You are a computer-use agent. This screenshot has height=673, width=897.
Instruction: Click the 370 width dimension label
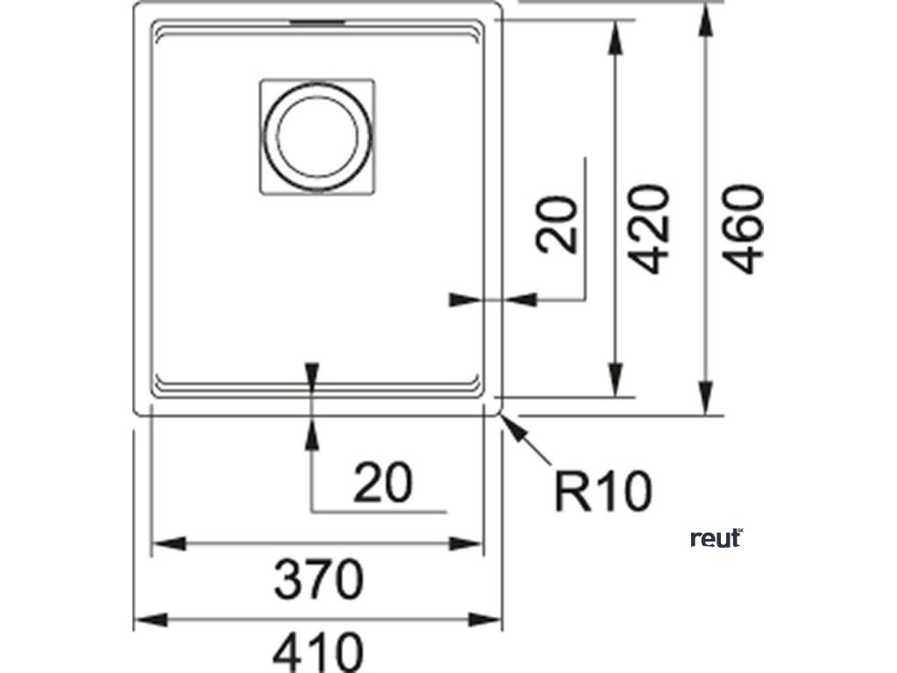(317, 581)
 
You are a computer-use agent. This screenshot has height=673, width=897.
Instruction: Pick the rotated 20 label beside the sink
(559, 225)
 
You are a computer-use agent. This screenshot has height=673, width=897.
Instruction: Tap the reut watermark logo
(717, 537)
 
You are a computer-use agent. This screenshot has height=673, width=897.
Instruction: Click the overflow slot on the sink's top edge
(318, 19)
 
